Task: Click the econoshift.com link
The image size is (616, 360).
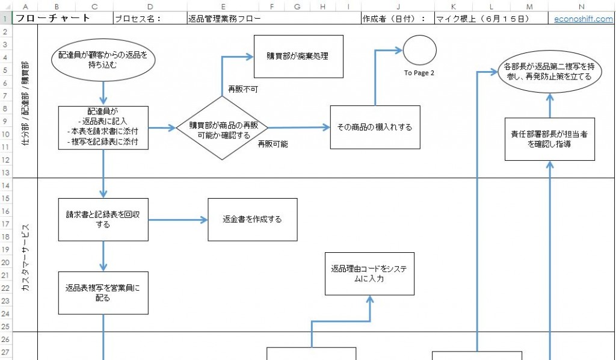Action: point(584,18)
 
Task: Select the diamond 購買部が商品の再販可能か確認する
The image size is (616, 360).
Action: point(223,129)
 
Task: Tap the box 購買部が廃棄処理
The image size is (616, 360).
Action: point(298,57)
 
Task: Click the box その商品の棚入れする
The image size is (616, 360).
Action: point(375,127)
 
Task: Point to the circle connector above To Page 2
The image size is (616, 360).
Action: point(419,51)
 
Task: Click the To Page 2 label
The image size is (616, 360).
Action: point(419,73)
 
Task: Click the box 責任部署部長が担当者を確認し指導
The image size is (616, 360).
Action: point(550,139)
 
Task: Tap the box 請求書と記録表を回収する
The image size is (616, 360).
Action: point(103,219)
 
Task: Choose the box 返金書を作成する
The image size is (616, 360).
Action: point(252,219)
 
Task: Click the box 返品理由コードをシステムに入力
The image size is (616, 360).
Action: point(369,274)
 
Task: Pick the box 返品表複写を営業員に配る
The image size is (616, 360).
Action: point(103,293)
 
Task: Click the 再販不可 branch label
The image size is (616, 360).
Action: point(242,89)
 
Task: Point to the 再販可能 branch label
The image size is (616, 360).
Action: point(273,144)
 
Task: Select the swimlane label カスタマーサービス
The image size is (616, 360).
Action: point(25,254)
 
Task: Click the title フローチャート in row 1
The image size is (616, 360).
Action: point(53,18)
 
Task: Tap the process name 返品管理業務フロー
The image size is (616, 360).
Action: point(224,18)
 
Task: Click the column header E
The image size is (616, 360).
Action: point(223,6)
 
